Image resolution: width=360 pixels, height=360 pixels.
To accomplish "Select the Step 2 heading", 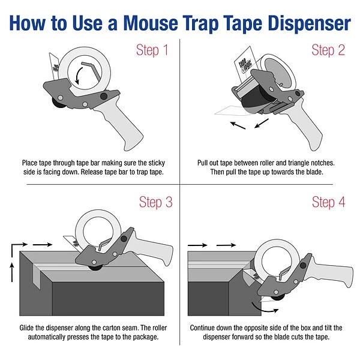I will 328,50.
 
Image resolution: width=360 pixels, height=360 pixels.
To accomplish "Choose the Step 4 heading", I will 328,202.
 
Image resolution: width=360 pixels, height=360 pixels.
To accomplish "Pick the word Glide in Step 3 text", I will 34,328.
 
